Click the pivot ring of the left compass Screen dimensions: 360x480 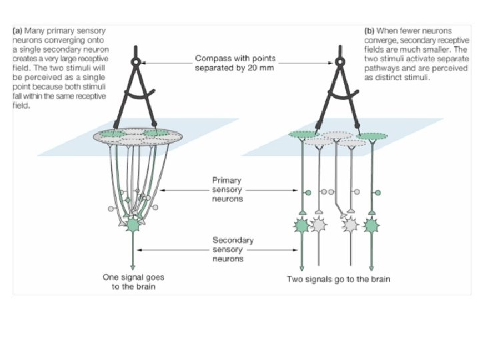click(x=136, y=63)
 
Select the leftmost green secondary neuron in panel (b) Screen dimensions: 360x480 click(x=302, y=225)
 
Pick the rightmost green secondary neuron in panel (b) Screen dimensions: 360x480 click(x=372, y=225)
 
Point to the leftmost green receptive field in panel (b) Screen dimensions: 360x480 click(x=303, y=135)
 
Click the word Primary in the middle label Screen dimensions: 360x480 click(x=225, y=179)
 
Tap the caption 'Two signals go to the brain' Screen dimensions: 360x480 click(x=339, y=279)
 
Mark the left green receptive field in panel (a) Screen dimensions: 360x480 click(x=114, y=134)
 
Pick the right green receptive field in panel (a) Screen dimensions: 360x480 click(x=157, y=133)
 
